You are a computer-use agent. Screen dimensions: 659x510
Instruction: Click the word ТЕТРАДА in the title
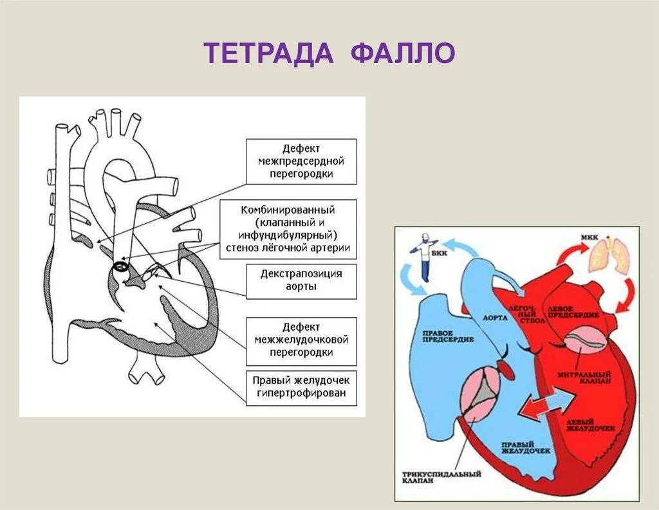pos(269,53)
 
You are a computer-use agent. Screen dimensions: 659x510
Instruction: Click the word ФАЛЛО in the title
pos(404,53)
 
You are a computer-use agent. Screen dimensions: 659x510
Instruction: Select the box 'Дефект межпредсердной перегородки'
pos(302,161)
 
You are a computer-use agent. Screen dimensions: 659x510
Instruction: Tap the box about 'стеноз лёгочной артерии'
pos(288,230)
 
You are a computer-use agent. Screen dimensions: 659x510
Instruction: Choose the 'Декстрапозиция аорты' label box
pos(302,280)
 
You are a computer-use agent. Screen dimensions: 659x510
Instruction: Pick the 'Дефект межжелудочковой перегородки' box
pos(302,340)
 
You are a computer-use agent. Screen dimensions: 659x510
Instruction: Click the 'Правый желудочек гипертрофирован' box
pos(302,387)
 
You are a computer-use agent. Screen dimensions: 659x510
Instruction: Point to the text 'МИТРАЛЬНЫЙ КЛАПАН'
pos(584,376)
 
